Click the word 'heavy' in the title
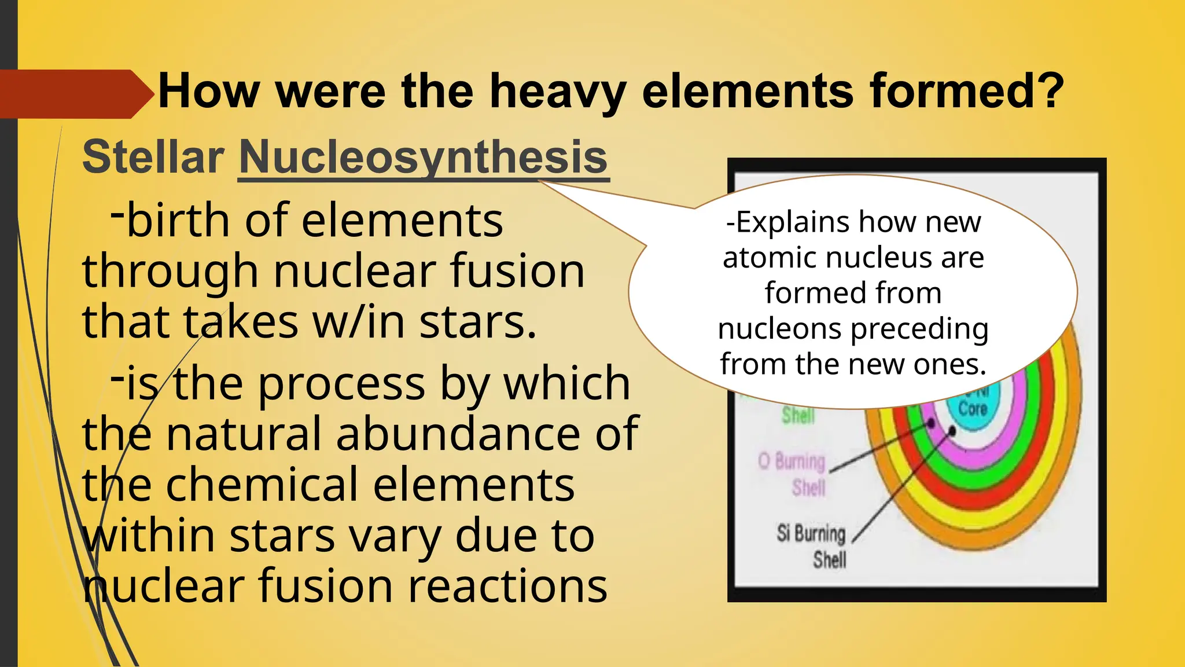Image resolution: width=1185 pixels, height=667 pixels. tap(557, 91)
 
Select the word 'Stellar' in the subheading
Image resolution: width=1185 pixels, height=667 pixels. tap(153, 157)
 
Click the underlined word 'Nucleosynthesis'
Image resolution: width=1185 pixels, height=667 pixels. tap(423, 157)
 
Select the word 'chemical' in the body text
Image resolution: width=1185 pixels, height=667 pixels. tap(262, 485)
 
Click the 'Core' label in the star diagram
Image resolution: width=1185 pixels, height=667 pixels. tap(972, 409)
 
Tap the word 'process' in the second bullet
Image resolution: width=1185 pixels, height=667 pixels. tap(341, 383)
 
